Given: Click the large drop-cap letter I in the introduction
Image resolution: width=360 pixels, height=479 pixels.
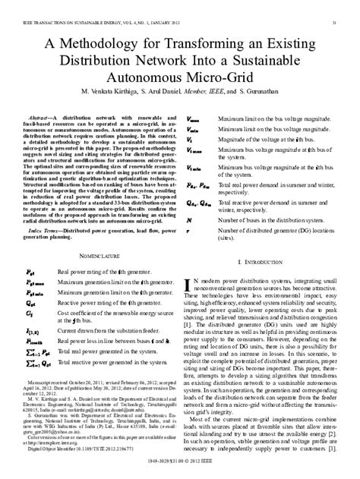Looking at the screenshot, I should click(189, 262).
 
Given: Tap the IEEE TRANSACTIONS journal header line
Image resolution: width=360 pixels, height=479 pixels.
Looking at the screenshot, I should click(95, 7).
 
